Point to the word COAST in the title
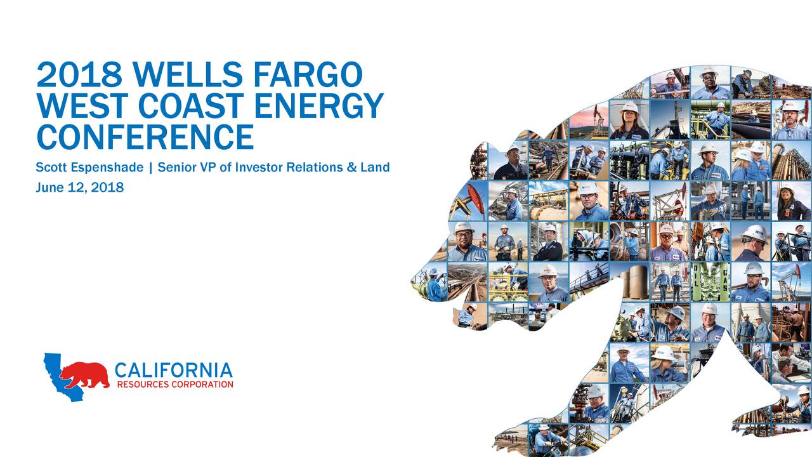[x=181, y=106]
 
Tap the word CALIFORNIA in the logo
[x=173, y=370]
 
